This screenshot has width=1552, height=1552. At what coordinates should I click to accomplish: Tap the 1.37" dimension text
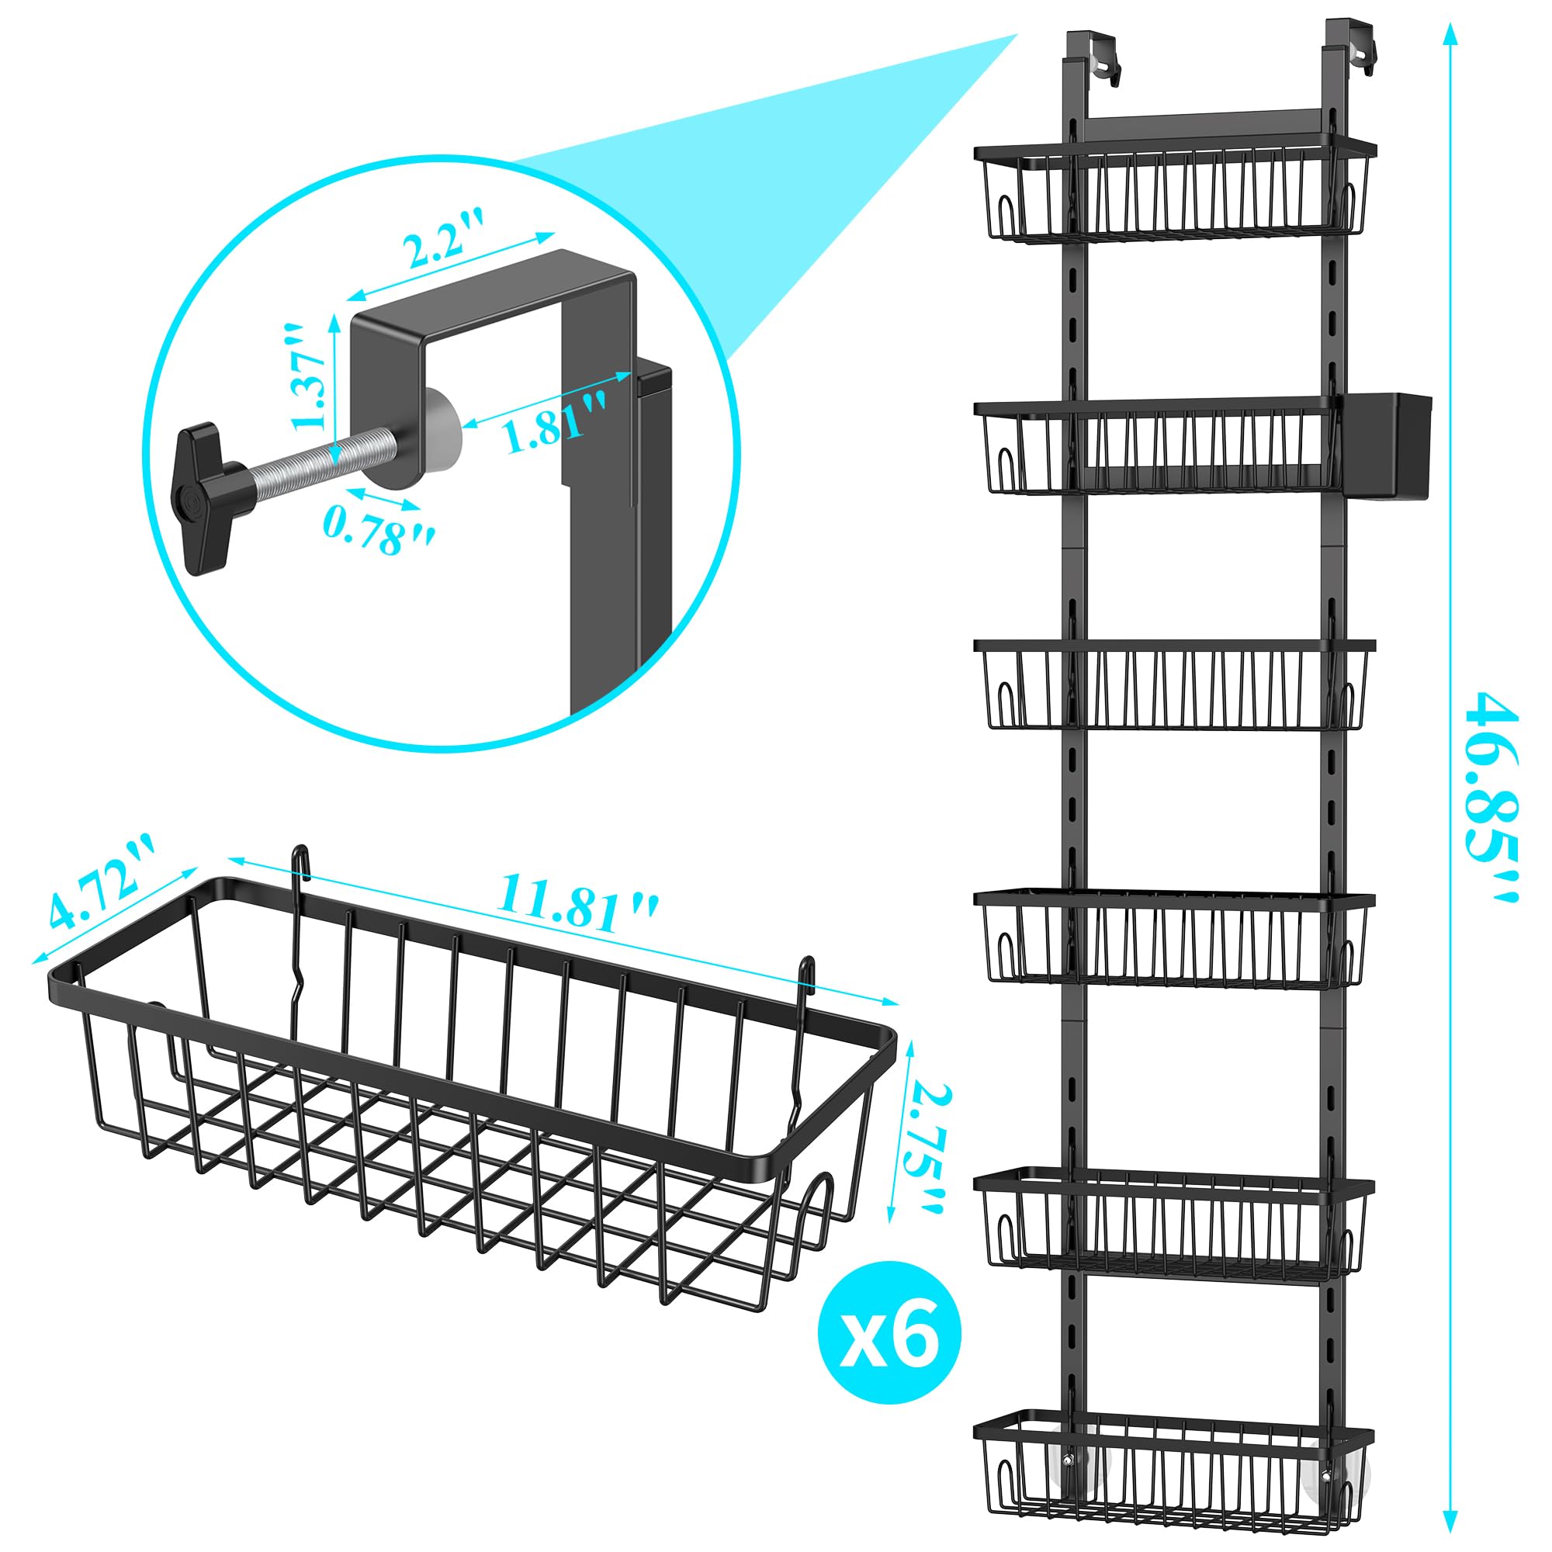(x=310, y=378)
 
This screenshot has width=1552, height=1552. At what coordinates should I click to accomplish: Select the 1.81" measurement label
(x=553, y=419)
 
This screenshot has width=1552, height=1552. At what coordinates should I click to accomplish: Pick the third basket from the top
(x=1175, y=684)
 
